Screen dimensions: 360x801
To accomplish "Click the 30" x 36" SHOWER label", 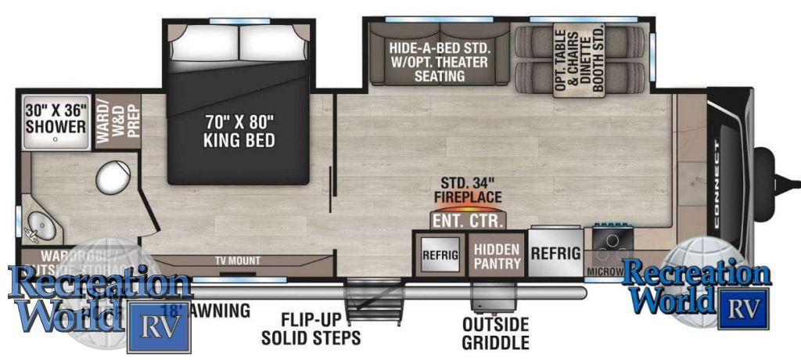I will coord(55,118).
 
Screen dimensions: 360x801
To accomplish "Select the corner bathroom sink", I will coord(37,228).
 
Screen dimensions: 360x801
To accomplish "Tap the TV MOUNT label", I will coord(238,261).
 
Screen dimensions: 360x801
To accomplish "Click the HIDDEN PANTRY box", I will coord(497,255).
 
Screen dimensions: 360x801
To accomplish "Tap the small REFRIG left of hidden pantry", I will coord(440,254).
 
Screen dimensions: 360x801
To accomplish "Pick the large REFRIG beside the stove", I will coord(555,253).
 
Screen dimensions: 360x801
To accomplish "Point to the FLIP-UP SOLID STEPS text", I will coord(311,329).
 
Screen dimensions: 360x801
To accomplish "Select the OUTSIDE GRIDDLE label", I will coord(495,333).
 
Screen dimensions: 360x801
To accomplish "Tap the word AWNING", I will coord(223,311).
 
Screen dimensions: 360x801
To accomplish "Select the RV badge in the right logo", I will coord(742,308).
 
